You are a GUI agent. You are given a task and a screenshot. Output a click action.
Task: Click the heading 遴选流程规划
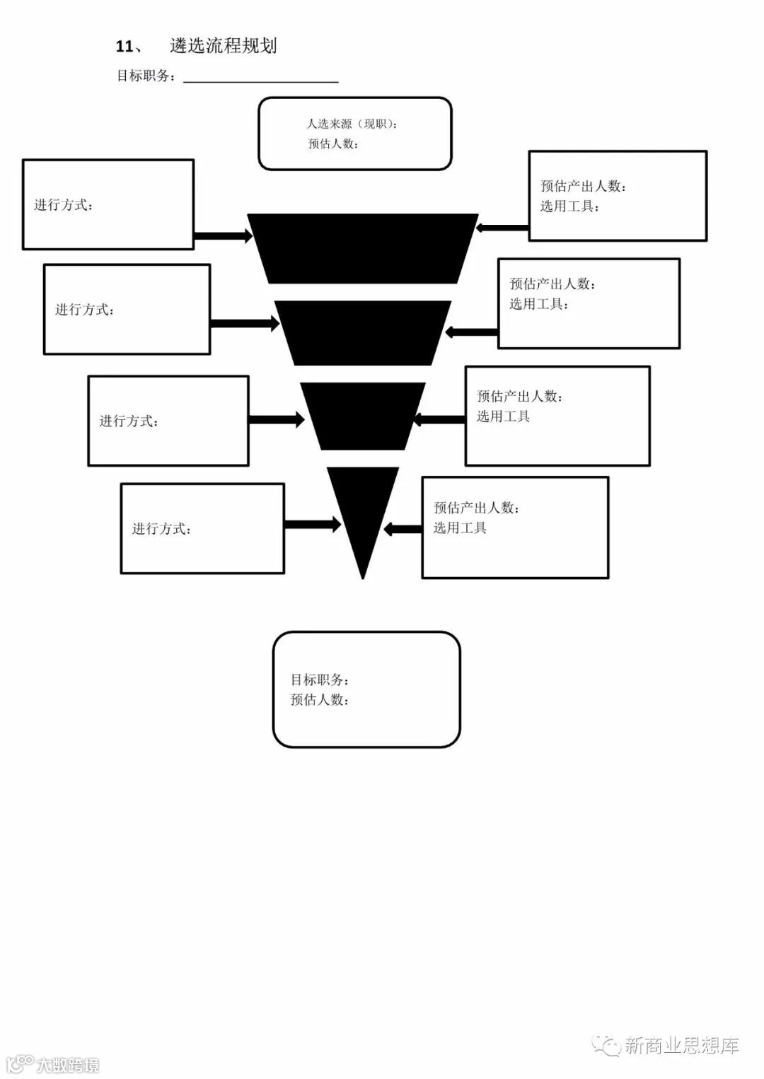click(x=223, y=47)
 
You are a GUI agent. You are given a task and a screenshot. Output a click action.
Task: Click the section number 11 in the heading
click(x=125, y=47)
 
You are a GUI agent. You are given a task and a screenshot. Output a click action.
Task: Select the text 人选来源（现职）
click(x=352, y=124)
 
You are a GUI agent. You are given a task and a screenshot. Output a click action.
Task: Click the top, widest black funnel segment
click(x=362, y=247)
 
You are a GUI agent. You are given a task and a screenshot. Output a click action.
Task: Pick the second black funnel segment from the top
click(x=362, y=332)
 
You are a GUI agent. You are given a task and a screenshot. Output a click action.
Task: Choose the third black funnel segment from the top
click(x=362, y=416)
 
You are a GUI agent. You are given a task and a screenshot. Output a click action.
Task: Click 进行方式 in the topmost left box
click(x=64, y=205)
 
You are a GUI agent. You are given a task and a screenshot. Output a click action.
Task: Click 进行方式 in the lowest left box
click(x=161, y=529)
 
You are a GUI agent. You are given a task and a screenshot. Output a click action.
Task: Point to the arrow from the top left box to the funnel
click(x=222, y=236)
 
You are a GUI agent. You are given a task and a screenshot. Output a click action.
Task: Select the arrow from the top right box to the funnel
click(x=503, y=228)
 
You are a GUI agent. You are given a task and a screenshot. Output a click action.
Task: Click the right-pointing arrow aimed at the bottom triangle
click(x=312, y=525)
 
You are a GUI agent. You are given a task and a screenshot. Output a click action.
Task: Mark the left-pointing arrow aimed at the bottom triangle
click(x=403, y=529)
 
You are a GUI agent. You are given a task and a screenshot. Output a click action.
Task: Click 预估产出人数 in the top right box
click(x=583, y=187)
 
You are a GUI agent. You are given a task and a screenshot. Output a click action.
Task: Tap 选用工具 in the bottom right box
click(x=460, y=528)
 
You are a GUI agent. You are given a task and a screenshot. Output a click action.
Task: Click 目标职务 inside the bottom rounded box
click(x=319, y=680)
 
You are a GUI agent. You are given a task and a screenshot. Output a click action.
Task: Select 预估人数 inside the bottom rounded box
click(x=319, y=700)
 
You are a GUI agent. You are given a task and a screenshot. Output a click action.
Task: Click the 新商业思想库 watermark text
click(x=681, y=1046)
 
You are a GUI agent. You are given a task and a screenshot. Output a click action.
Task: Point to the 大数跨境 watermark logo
click(x=53, y=1064)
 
